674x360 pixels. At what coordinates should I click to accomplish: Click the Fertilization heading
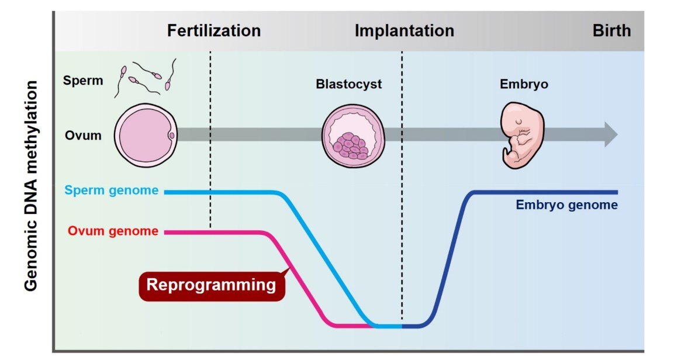(213, 30)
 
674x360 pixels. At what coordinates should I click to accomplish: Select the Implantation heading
(404, 30)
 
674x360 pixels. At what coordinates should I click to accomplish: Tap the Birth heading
(611, 30)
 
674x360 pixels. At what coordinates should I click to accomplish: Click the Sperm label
(83, 81)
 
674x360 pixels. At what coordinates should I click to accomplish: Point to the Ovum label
(82, 136)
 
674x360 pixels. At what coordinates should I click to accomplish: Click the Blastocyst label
(348, 84)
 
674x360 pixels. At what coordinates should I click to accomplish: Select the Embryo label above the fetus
(524, 84)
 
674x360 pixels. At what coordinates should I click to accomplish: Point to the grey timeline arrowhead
(610, 135)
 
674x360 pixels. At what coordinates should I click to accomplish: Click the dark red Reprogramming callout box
(211, 285)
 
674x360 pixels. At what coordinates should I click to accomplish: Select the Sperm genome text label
(111, 191)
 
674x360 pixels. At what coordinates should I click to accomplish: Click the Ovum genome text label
(113, 231)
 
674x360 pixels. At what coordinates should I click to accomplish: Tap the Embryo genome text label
(566, 205)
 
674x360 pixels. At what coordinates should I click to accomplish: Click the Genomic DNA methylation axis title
(32, 185)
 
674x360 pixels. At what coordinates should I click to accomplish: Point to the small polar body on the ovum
(171, 136)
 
